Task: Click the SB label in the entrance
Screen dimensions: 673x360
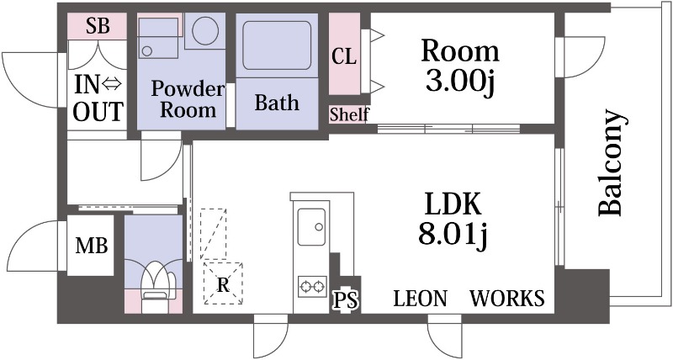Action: pyautogui.click(x=98, y=26)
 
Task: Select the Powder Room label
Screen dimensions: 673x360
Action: pyautogui.click(x=188, y=99)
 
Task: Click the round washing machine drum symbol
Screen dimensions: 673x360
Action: pyautogui.click(x=205, y=30)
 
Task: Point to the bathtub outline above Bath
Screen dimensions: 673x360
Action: pyautogui.click(x=277, y=45)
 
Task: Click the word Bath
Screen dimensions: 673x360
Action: pyautogui.click(x=277, y=103)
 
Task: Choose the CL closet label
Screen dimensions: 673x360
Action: pyautogui.click(x=344, y=56)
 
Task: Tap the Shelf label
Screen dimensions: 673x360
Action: pyautogui.click(x=349, y=114)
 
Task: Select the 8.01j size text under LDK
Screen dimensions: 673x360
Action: pyautogui.click(x=453, y=236)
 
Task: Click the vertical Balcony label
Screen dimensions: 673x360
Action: pyautogui.click(x=610, y=162)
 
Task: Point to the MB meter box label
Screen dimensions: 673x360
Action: pyautogui.click(x=92, y=246)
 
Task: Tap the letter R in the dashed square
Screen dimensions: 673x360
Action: pyautogui.click(x=223, y=284)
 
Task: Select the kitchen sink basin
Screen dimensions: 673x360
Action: pyautogui.click(x=311, y=226)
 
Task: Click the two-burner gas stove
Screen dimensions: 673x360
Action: pyautogui.click(x=312, y=286)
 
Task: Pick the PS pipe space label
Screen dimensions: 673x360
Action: pyautogui.click(x=346, y=300)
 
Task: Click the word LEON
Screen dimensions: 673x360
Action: pyautogui.click(x=420, y=299)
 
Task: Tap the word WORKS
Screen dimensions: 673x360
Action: pyautogui.click(x=507, y=299)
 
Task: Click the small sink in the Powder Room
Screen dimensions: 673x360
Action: pyautogui.click(x=158, y=39)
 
